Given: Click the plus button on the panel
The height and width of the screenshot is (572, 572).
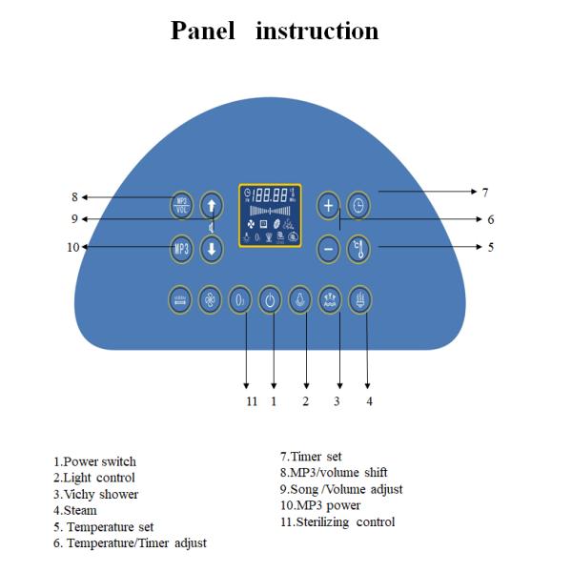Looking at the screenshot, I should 329,205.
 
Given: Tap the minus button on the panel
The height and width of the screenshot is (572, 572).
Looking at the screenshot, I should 329,248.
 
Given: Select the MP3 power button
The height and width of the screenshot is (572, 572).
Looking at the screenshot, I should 183,248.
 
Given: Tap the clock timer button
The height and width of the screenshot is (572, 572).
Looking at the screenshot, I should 358,205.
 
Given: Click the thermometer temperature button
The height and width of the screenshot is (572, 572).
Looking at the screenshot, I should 358,248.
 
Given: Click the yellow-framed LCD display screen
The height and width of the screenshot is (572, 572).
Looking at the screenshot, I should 270,215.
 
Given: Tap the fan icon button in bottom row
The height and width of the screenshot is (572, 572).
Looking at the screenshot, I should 210,299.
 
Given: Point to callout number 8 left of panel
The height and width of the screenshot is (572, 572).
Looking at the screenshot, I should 73,197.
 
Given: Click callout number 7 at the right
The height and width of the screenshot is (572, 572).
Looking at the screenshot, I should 485,192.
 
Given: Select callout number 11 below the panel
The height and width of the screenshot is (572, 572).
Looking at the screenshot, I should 252,401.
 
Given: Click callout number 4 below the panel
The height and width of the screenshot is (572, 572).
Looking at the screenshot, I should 369,401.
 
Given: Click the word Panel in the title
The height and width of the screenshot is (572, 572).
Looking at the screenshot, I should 202,31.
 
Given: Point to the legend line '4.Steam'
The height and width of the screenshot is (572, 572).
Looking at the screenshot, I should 75,510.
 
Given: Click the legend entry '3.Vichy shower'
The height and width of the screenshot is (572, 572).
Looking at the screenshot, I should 95,494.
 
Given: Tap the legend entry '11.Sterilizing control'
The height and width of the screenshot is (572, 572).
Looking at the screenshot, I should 337,521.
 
